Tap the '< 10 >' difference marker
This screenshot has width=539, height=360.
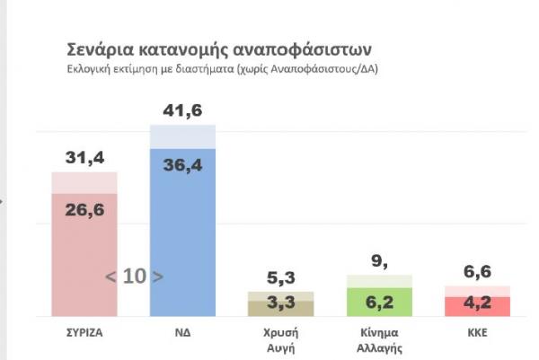tap(135, 277)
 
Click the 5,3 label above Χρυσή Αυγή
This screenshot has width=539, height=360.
tap(280, 277)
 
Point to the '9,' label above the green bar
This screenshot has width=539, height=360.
tap(378, 262)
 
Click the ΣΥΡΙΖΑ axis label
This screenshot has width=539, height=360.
tap(85, 331)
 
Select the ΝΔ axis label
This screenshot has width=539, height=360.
tap(183, 331)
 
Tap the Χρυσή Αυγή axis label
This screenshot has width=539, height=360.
tap(280, 338)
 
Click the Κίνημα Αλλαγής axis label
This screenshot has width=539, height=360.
tap(379, 338)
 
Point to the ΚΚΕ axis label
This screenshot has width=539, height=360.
tap(477, 331)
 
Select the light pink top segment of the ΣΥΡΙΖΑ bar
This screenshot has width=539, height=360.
tap(84, 181)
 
